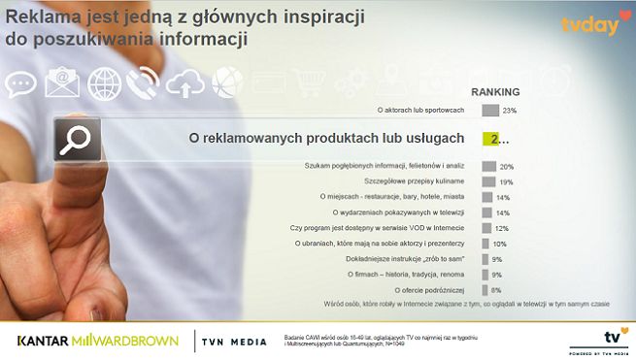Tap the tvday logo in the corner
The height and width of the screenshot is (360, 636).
point(588,24)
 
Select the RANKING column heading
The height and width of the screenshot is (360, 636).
point(495,92)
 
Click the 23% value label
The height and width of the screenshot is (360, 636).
point(510,111)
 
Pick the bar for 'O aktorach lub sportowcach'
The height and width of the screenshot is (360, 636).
point(489,111)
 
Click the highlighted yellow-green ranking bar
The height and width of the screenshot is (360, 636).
point(490,140)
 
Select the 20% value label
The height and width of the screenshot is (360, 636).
point(506,167)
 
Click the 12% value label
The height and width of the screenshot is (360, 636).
point(503,227)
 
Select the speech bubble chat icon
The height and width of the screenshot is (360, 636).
point(20,83)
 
